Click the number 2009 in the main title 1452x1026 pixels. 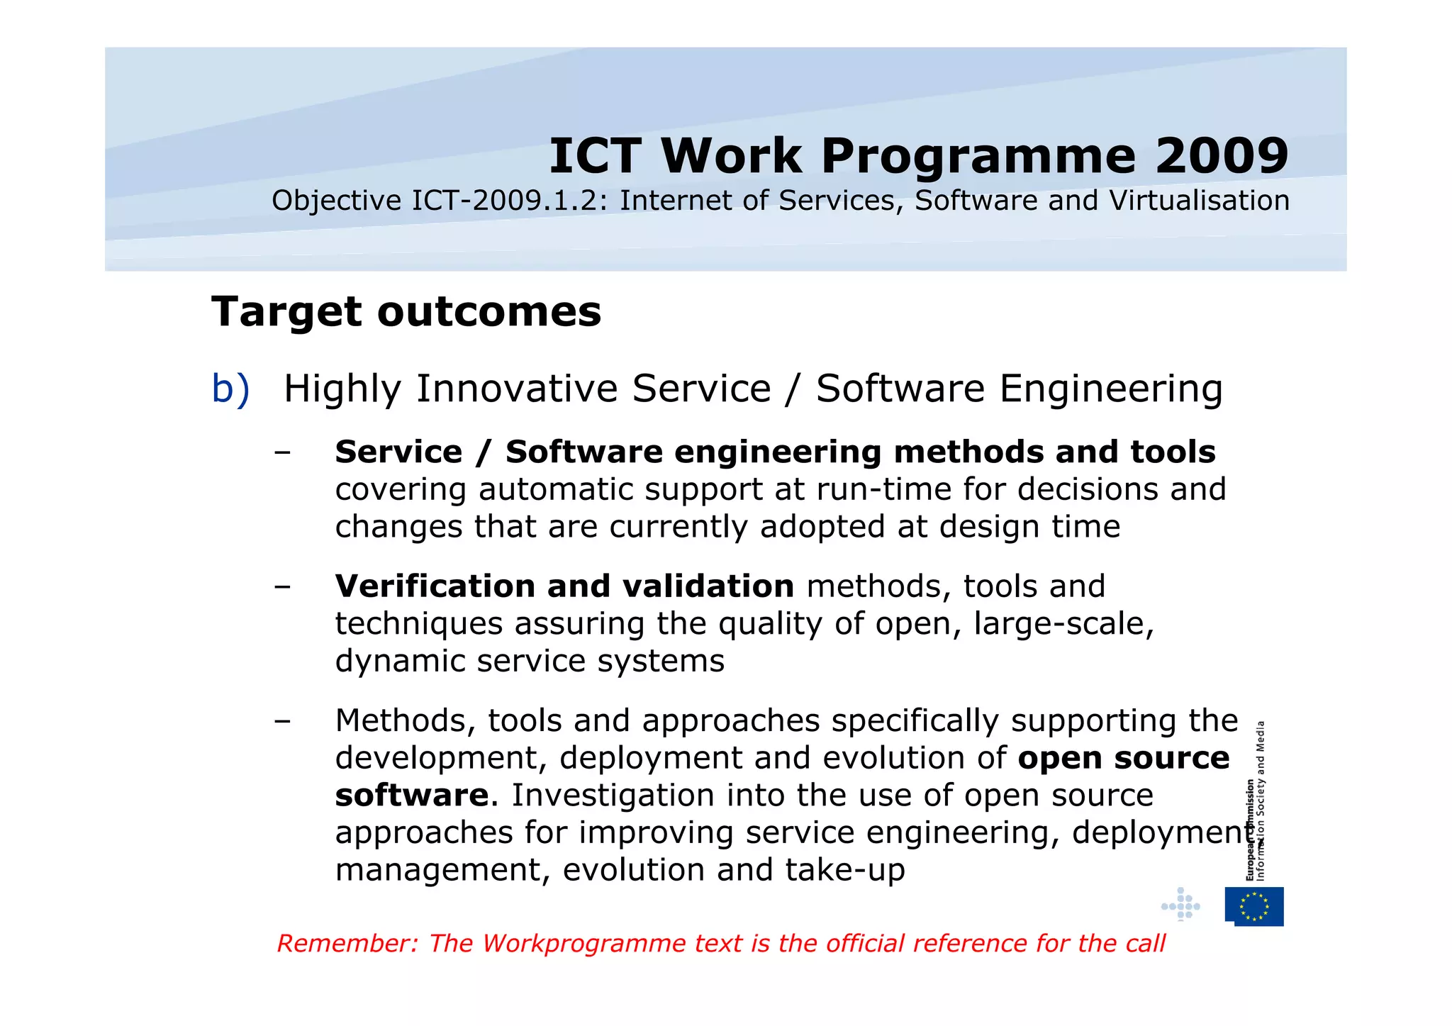(x=1222, y=156)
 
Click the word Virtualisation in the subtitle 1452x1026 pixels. (x=1199, y=201)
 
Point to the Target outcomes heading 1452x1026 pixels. (x=406, y=312)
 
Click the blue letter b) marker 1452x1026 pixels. (x=230, y=389)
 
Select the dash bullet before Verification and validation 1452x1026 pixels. (x=283, y=586)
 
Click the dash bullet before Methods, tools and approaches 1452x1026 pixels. (x=283, y=721)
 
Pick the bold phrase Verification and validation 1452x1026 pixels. (x=564, y=586)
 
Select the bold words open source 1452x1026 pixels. (x=1123, y=758)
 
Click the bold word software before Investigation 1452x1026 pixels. (x=412, y=796)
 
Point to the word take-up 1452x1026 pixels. (x=845, y=870)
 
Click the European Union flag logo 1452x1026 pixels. (x=1254, y=906)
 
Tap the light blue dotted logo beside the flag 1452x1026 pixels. (x=1180, y=905)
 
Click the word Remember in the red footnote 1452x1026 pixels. (x=347, y=944)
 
